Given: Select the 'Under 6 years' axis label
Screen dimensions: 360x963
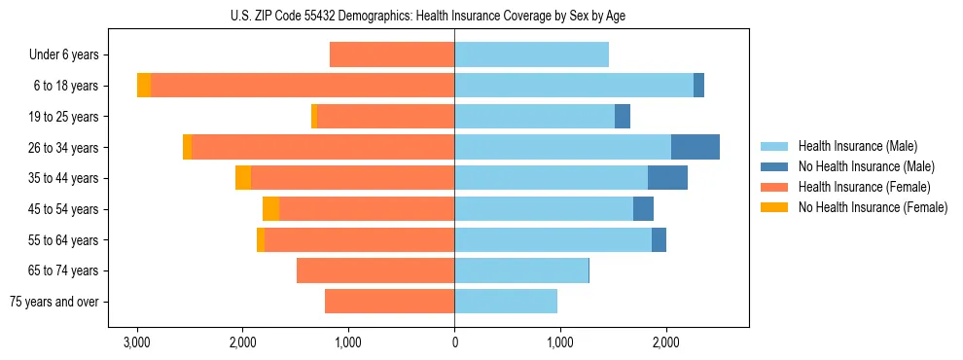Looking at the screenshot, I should tap(69, 55).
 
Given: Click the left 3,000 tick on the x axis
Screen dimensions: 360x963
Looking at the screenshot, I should tap(137, 342).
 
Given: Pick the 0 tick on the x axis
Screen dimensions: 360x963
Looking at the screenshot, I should tap(454, 342).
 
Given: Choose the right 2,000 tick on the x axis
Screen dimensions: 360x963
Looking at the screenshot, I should tap(665, 342).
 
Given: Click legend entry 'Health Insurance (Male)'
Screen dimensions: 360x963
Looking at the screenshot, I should tap(858, 146).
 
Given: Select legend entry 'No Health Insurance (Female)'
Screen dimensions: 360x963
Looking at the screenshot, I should tap(873, 207).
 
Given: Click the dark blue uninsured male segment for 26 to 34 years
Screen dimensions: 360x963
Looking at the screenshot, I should tap(695, 147).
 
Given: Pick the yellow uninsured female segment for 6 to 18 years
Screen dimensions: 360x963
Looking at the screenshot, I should tap(144, 86).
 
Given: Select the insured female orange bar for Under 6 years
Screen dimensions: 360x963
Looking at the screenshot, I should tap(392, 54).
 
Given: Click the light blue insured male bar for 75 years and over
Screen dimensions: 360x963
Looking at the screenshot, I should tap(506, 302).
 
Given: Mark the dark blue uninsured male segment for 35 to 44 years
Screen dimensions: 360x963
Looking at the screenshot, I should tap(667, 178).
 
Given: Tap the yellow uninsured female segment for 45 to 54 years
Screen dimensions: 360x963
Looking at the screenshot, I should tap(270, 209).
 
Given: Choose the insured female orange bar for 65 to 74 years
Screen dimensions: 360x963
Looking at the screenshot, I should tap(375, 270).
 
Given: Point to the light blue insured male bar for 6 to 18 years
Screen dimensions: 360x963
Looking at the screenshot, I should tap(574, 86).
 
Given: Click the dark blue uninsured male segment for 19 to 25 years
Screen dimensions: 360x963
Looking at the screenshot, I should tap(623, 117).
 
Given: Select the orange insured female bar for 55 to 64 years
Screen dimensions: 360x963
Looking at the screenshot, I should tap(360, 240).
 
